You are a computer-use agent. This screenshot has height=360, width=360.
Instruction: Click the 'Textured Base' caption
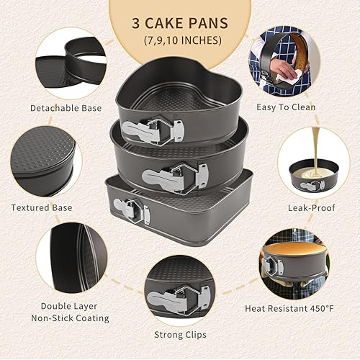42,207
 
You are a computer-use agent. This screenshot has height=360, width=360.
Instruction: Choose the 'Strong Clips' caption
180,334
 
